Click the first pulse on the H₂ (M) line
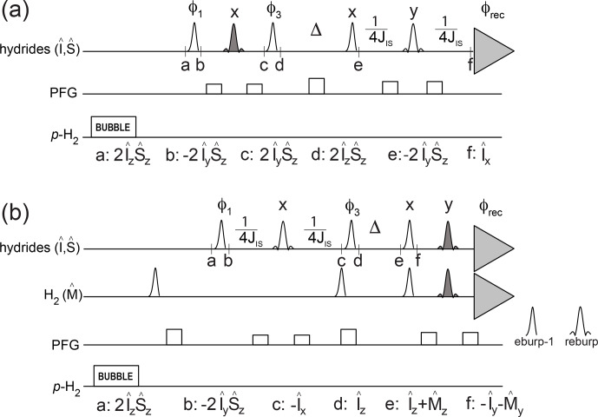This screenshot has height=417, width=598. [x=154, y=283]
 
